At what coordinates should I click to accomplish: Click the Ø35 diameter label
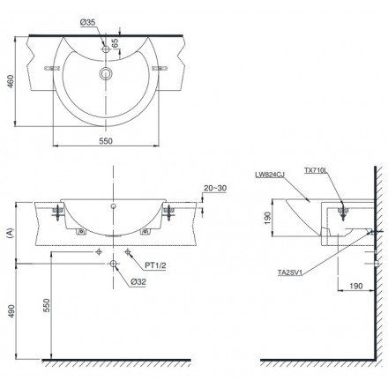click(x=87, y=22)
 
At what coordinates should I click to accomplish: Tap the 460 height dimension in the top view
click(x=11, y=82)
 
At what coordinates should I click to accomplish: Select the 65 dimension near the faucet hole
click(x=116, y=43)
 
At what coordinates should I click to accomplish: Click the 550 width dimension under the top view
click(x=106, y=141)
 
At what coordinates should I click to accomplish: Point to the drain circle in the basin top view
click(x=106, y=73)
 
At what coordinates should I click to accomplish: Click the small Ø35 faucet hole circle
click(x=106, y=49)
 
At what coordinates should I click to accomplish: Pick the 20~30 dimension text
click(x=215, y=188)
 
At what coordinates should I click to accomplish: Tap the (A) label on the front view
click(x=11, y=233)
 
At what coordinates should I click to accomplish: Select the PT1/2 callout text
click(x=155, y=265)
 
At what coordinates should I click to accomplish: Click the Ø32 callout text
click(x=138, y=282)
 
